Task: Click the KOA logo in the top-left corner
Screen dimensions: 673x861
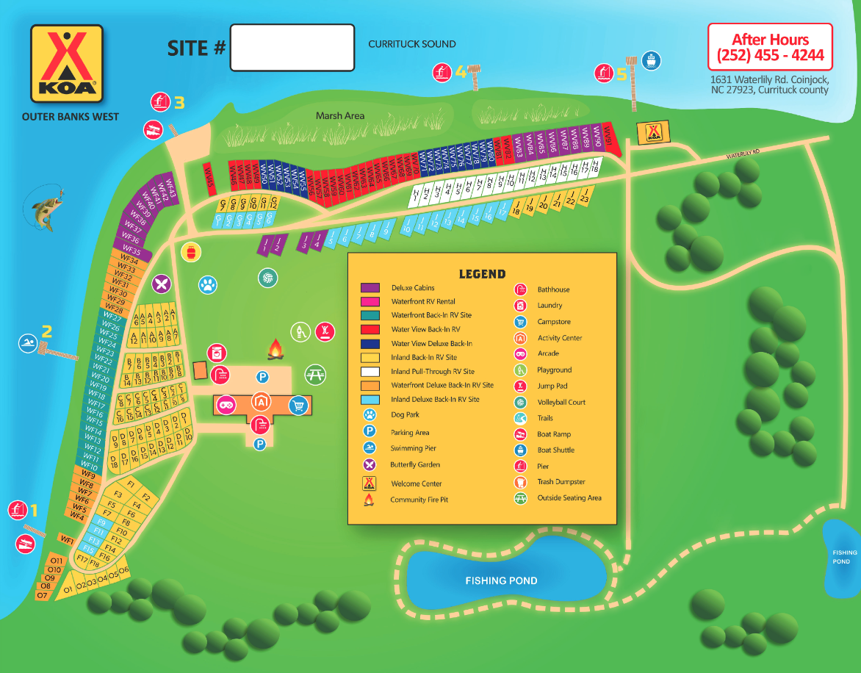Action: (66, 63)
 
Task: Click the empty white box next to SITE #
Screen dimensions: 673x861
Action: (292, 48)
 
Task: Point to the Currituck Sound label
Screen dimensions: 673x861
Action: (411, 44)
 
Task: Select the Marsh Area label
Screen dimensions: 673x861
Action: (340, 116)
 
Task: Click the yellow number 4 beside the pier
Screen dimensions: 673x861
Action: (461, 72)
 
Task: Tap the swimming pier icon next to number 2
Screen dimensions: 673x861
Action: (28, 343)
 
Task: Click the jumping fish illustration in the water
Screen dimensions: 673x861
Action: (43, 209)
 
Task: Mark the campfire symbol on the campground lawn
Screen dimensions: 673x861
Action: (275, 349)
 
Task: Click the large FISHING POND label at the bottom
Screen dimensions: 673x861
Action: (501, 580)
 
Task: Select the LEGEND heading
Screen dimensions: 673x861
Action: (482, 274)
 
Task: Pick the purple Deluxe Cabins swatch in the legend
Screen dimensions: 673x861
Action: (370, 288)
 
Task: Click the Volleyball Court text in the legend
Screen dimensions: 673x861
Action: (561, 402)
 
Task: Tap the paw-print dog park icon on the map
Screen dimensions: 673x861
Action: (209, 284)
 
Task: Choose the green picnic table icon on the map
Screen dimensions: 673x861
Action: (315, 374)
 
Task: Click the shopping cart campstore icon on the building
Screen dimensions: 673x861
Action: (298, 405)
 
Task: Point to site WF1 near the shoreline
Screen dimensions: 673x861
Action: (67, 540)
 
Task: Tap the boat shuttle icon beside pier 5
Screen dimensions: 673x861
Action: (649, 60)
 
